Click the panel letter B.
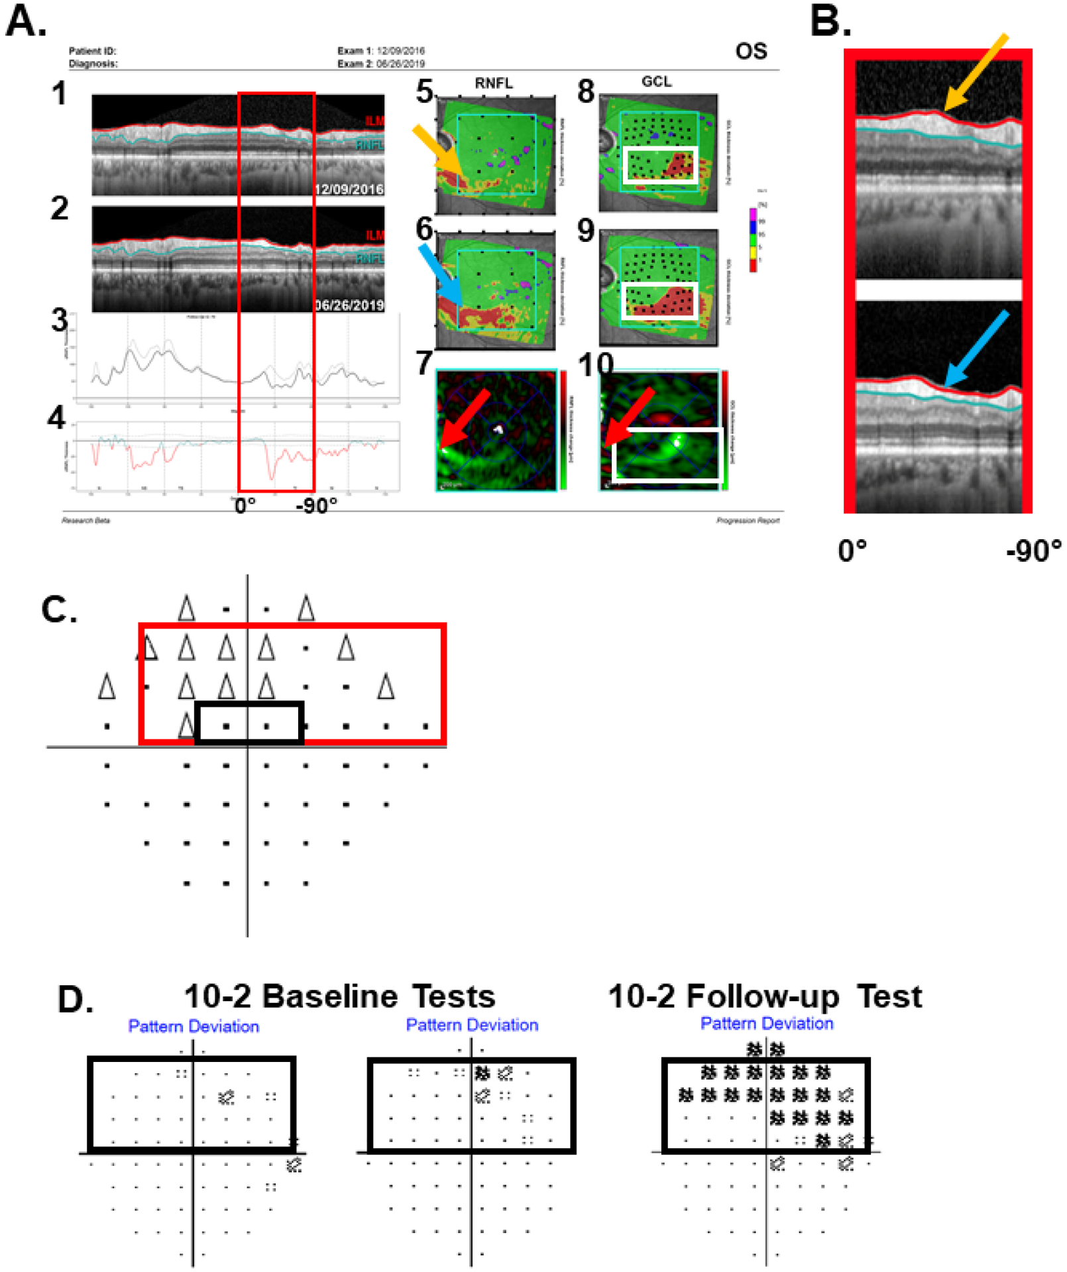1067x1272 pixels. pyautogui.click(x=829, y=21)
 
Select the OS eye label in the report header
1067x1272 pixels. pyautogui.click(x=751, y=52)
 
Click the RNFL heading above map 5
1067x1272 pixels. pyautogui.click(x=494, y=83)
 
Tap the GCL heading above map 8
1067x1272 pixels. pyautogui.click(x=656, y=82)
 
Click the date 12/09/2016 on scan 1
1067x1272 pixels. pyautogui.click(x=349, y=189)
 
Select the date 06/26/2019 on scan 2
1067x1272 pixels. pyautogui.click(x=349, y=305)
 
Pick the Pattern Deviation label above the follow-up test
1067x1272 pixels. pyautogui.click(x=766, y=1024)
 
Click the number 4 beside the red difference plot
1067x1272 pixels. pyautogui.click(x=57, y=418)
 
